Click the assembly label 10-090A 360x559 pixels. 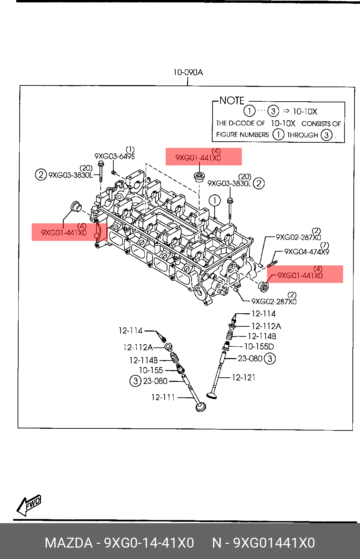pos(188,72)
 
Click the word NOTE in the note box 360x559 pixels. pos(232,101)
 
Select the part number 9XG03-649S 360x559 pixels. pos(114,156)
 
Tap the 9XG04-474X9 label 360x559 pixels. pos(306,252)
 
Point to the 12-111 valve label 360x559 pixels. pos(163,397)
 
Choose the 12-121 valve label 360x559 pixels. pos(244,378)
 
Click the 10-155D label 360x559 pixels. pos(259,346)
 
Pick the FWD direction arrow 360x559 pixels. pos(29,505)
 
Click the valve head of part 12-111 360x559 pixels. pos(200,407)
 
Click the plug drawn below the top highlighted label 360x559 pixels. pos(199,177)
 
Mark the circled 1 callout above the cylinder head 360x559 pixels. pos(214,201)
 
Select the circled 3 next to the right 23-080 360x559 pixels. pos(270,359)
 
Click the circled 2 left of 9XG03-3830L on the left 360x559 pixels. pos(41,174)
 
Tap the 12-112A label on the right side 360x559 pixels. pos(266,326)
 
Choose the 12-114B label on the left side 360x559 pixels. pos(143,360)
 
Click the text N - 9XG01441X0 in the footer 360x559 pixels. pos(263,543)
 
